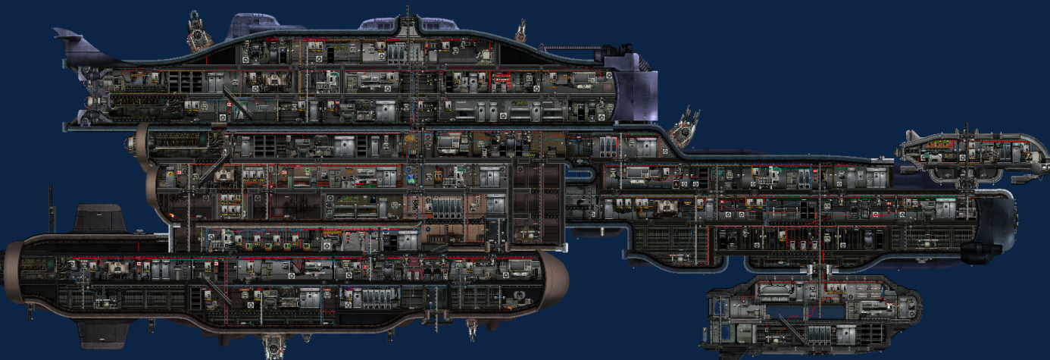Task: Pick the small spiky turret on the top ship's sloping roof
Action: pyautogui.click(x=521, y=32)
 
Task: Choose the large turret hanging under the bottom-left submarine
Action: pyautogui.click(x=272, y=346)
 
